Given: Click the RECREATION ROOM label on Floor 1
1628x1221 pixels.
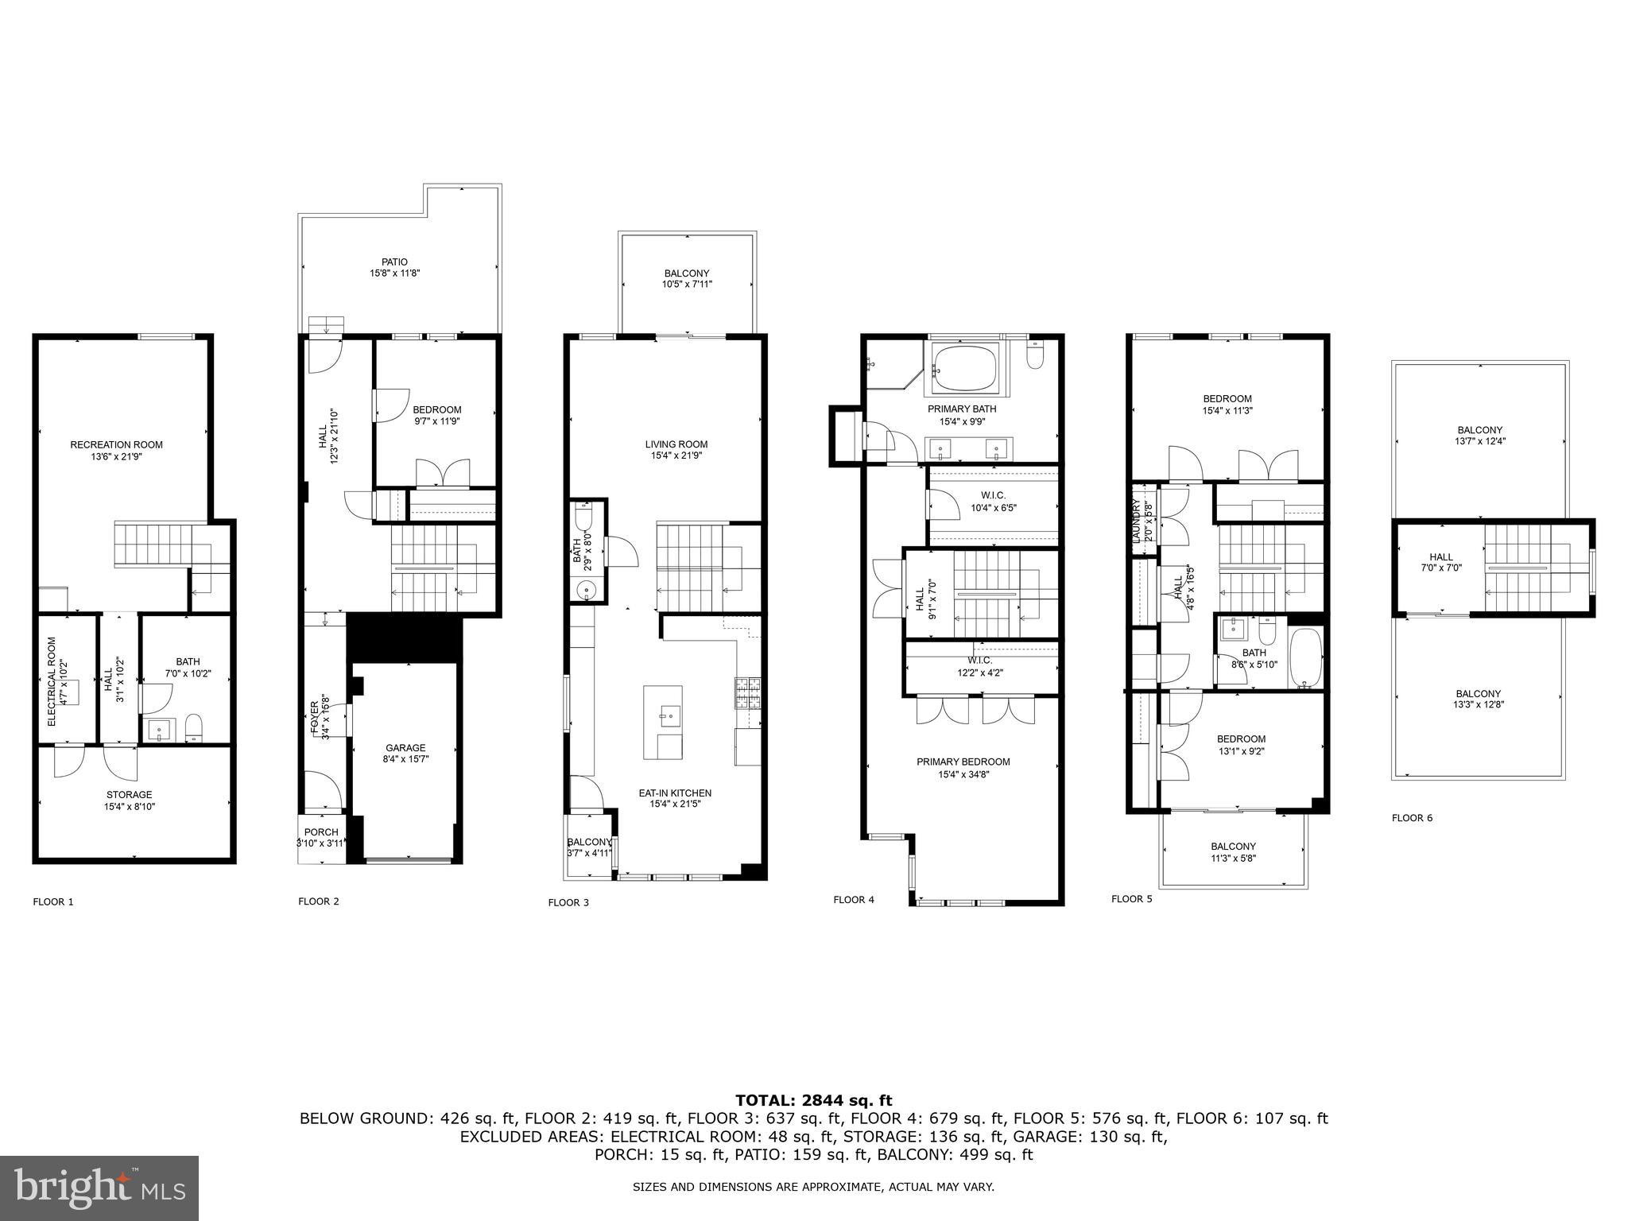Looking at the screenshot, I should pos(116,444).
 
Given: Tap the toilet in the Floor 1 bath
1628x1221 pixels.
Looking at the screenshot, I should pos(193,727).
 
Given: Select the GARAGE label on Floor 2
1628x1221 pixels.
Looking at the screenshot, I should pos(405,747).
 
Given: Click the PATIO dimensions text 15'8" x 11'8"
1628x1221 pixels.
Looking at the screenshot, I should pos(394,273).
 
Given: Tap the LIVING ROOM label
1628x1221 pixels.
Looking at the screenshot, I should pos(676,444).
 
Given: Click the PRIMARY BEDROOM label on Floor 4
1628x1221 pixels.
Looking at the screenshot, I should pos(963,762).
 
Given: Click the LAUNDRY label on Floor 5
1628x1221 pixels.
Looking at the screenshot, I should pos(1136,521).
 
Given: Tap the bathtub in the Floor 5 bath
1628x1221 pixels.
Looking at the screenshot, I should pos(1306,657).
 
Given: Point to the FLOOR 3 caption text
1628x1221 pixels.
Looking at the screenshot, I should pos(568,902).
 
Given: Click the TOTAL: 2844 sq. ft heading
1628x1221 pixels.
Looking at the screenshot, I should pos(813,1100).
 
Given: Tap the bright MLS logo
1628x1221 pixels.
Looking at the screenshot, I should pos(99,1188).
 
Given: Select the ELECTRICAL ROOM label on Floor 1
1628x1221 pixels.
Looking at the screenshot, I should pos(52,681).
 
